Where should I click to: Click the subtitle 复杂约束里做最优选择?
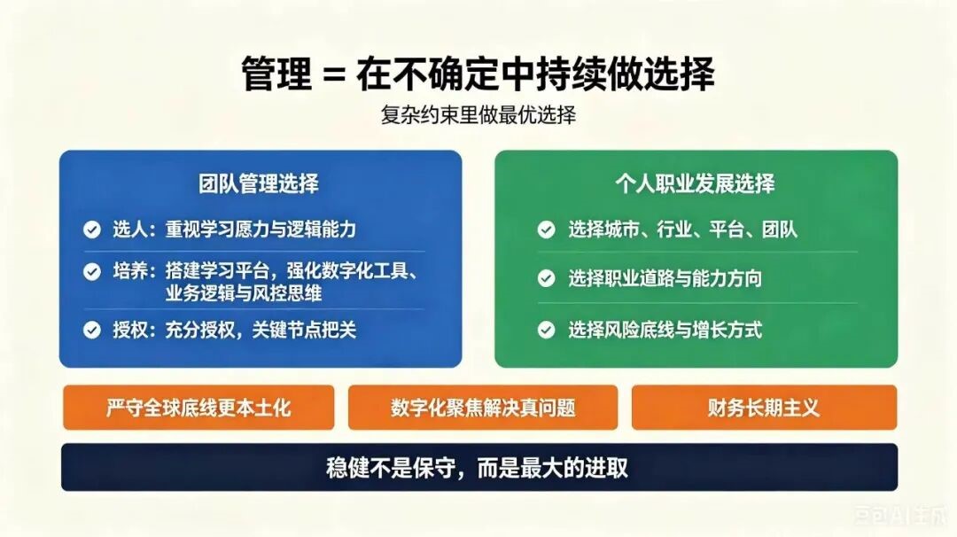tap(478, 114)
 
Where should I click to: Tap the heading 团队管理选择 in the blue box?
tap(259, 183)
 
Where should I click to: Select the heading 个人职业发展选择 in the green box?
tap(696, 183)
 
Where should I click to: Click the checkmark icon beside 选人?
tap(92, 230)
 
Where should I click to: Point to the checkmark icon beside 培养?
tap(92, 271)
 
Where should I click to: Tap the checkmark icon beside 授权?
tap(92, 331)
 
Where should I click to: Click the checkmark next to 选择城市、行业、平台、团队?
tap(546, 230)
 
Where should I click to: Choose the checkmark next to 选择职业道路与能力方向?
tap(546, 279)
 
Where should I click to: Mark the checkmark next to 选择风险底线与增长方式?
tap(546, 331)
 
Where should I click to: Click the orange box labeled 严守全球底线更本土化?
tap(198, 407)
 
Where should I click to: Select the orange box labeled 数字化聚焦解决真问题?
tap(483, 407)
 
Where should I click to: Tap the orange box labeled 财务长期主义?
tap(764, 407)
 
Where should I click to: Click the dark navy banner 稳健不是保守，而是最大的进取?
tap(479, 467)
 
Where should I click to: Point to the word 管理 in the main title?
tap(276, 74)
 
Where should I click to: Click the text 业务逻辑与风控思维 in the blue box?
tap(244, 293)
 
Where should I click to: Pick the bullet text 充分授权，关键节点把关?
tap(261, 331)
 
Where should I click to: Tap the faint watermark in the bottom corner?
tap(902, 517)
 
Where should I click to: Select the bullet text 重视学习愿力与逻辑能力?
tap(261, 230)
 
